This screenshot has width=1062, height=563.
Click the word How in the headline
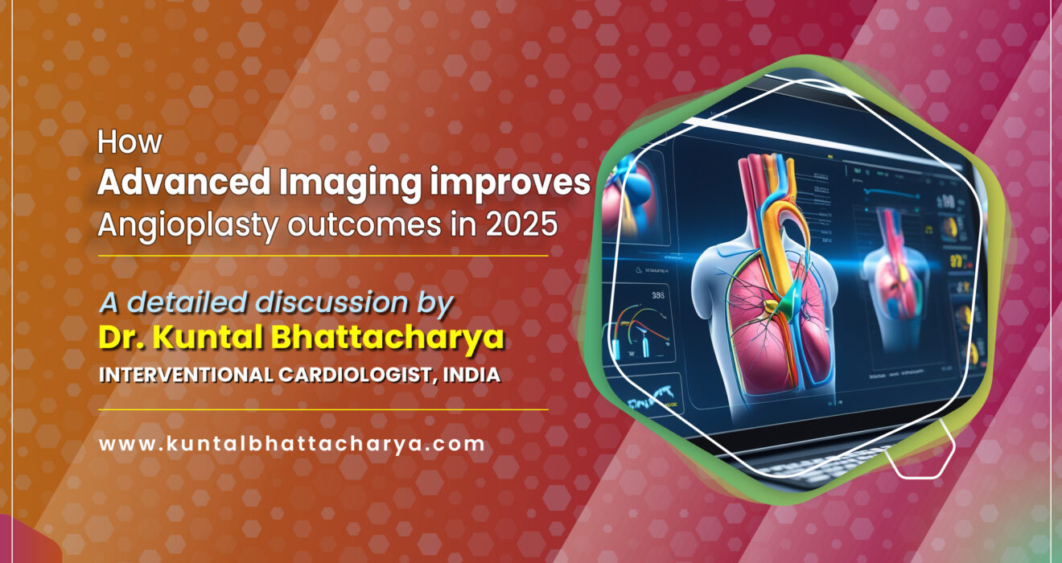(x=130, y=142)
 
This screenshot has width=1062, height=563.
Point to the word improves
(x=510, y=183)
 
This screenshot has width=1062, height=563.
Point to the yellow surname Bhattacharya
(x=385, y=339)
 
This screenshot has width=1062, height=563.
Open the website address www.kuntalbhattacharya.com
(x=291, y=443)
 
